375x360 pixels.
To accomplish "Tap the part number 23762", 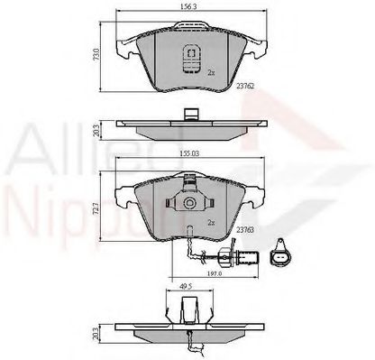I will click(x=245, y=87).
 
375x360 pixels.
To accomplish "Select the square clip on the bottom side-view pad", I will click(x=187, y=312).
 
